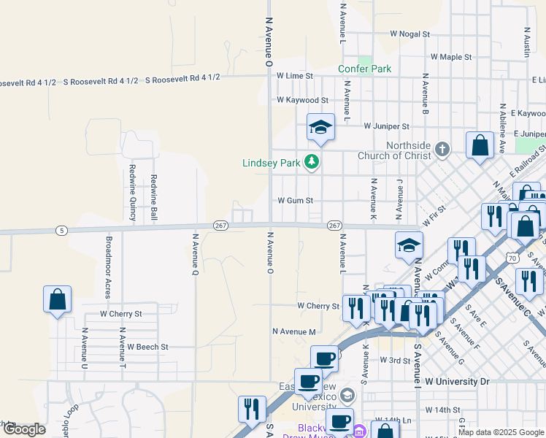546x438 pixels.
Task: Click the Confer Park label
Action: [364, 69]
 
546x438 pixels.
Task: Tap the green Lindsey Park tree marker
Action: [312, 161]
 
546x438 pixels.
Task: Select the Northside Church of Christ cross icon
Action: [442, 150]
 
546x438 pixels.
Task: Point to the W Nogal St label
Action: [409, 34]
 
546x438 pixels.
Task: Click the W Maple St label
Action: [450, 56]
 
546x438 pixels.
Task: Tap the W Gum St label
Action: [295, 200]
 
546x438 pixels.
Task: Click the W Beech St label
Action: [148, 347]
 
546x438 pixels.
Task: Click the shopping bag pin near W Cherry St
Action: [57, 300]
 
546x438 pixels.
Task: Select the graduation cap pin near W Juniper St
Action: [320, 128]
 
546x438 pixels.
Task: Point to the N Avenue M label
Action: [293, 331]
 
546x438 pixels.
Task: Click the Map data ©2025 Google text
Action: [501, 432]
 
